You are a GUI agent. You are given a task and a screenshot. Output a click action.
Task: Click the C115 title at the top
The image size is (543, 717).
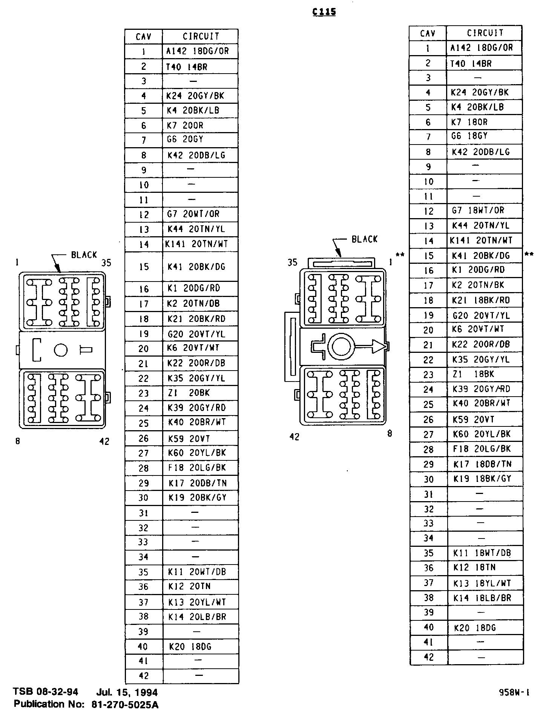(x=324, y=12)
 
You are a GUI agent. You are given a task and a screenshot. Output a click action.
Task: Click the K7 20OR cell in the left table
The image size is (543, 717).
(x=185, y=126)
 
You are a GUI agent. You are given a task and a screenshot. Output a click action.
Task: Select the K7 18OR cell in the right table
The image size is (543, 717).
(x=469, y=122)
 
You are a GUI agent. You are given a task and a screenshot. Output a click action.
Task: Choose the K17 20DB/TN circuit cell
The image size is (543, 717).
(x=198, y=483)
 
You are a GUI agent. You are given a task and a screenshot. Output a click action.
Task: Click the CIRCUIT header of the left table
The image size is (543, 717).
(x=201, y=37)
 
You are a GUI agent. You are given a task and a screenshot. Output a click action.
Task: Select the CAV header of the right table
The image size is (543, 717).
(x=428, y=34)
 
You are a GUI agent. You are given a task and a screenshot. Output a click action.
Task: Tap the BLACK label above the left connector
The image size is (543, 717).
(x=84, y=255)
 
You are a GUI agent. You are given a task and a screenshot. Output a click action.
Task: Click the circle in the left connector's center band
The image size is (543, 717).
(x=61, y=350)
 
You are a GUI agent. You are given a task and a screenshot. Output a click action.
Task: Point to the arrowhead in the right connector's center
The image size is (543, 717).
(x=379, y=346)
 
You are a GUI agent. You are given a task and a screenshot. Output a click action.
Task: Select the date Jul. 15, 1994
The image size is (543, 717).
(x=127, y=692)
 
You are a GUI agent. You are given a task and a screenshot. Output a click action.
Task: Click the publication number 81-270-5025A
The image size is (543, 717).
(x=125, y=705)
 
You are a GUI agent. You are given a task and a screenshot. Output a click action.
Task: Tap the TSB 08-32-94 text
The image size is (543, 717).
(x=46, y=692)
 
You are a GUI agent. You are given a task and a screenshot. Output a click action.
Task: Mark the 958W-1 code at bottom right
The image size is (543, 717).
(x=514, y=692)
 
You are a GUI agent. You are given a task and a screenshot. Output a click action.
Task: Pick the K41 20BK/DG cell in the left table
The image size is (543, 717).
(x=196, y=267)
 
